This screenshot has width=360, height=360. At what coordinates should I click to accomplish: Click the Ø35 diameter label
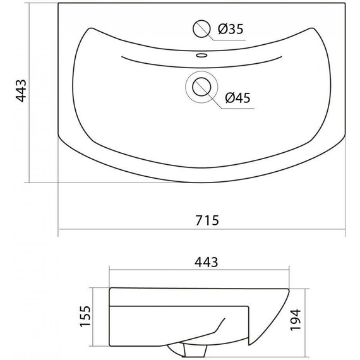[231, 29]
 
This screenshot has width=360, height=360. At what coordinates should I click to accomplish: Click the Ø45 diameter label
[237, 98]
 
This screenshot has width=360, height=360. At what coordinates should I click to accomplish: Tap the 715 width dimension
[207, 220]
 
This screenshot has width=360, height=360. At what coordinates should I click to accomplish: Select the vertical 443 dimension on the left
[21, 90]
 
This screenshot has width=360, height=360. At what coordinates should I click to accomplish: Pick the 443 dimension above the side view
[206, 262]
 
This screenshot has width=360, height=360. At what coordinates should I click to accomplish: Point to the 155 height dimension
[85, 316]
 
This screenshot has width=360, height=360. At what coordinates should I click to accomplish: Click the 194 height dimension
[296, 320]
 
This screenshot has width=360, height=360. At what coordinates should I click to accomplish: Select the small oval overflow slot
[202, 55]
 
